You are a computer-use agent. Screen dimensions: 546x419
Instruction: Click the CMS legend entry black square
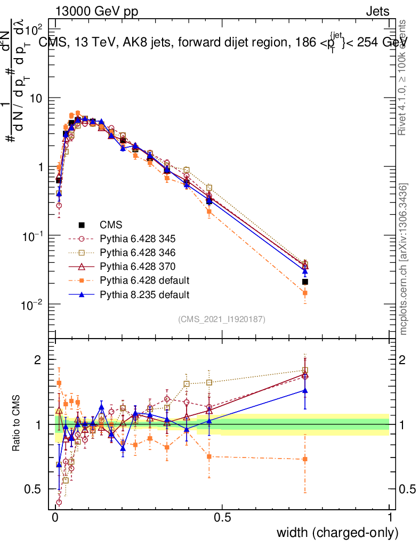pyautogui.click(x=82, y=224)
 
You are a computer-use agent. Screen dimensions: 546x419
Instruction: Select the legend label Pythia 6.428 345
pyautogui.click(x=144, y=238)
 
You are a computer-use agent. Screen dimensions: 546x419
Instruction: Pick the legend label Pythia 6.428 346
pyautogui.click(x=144, y=252)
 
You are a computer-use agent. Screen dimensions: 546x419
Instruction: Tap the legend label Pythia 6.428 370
pyautogui.click(x=144, y=266)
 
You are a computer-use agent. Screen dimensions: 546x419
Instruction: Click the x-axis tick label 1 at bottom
pyautogui.click(x=390, y=518)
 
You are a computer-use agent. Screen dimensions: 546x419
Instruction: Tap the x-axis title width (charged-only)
pyautogui.click(x=337, y=533)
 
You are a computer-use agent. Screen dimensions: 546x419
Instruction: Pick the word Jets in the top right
pyautogui.click(x=377, y=11)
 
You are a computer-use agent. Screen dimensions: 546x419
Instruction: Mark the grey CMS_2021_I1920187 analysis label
pyautogui.click(x=222, y=319)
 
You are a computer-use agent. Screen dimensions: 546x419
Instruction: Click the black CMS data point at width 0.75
pyautogui.click(x=305, y=282)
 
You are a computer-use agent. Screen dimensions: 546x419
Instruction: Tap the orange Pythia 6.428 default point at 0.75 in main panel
pyautogui.click(x=305, y=293)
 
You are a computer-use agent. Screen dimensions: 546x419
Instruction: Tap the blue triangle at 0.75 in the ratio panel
pyautogui.click(x=305, y=391)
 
